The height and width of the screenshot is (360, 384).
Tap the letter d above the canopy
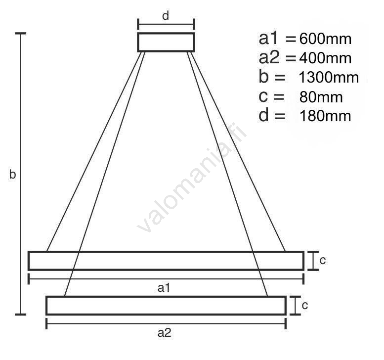(x=166, y=16)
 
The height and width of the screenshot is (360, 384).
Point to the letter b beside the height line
(x=12, y=174)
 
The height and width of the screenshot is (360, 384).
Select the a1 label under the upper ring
(x=164, y=288)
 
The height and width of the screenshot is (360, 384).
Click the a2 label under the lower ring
(x=165, y=333)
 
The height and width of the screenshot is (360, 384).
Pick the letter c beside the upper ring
(x=323, y=261)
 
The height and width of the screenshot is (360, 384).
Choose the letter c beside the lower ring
(x=304, y=306)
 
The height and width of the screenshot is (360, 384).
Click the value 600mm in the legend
(x=325, y=39)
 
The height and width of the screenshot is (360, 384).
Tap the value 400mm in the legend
(x=325, y=58)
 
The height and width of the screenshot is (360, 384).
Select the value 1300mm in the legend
(x=329, y=78)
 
